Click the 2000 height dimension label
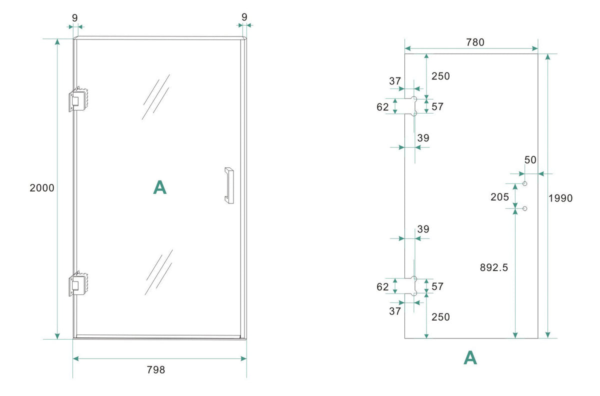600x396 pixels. point(42,188)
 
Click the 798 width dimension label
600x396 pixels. point(156,370)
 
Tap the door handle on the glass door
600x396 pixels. point(229,185)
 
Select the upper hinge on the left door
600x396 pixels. point(78,99)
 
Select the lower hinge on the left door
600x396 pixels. point(78,283)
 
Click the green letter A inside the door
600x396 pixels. point(159,187)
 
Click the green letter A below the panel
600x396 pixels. point(470,357)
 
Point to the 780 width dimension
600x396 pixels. point(475,42)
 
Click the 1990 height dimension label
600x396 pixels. point(560,198)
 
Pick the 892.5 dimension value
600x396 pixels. point(493,267)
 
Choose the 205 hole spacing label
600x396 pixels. point(499,197)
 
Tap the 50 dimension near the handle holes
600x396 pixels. point(530,160)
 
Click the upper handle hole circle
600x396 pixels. point(524,183)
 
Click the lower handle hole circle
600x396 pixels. point(524,208)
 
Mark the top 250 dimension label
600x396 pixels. point(440,76)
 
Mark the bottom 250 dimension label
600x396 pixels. point(440,317)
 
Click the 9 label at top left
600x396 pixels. point(74,18)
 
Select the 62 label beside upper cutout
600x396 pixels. point(382,107)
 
